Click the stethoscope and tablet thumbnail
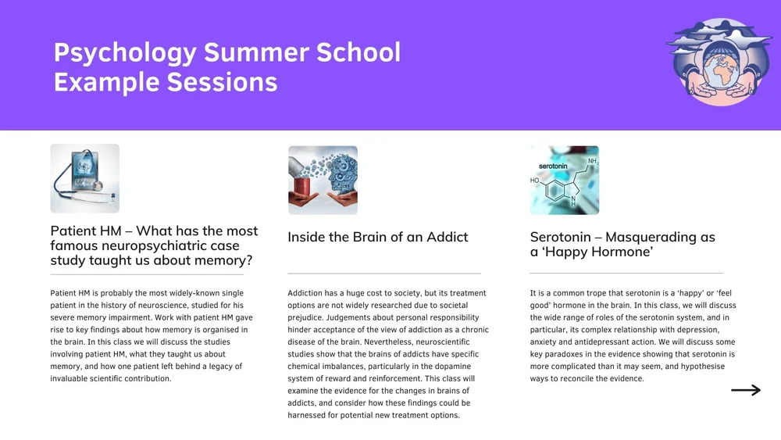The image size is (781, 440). pos(84,178)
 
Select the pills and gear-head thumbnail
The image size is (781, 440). pos(323,180)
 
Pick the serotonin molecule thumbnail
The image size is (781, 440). pos(564,180)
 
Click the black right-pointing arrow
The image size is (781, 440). pos(745,390)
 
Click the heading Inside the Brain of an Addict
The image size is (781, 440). pos(378,237)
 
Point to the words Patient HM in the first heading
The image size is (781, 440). pos(84,231)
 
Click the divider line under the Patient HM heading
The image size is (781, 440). pos(147,275)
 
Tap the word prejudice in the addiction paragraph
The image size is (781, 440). pos(308,318)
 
